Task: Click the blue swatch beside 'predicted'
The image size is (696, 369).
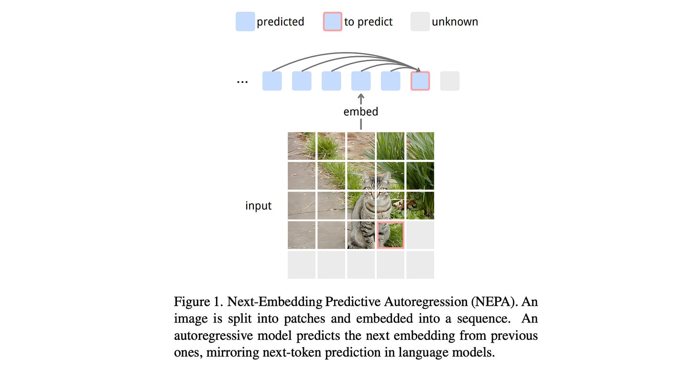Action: point(245,22)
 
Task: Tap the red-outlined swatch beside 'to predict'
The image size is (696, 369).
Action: point(333,22)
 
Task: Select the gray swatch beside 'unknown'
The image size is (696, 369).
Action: point(420,22)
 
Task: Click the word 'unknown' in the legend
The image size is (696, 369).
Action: point(455,22)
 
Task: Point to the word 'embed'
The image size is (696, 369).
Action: point(361,112)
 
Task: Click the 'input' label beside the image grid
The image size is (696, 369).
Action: point(259,206)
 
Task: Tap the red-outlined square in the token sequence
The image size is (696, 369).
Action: point(420,81)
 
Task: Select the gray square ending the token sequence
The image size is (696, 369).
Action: point(450,81)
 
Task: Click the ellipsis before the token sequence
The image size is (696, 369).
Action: point(242,81)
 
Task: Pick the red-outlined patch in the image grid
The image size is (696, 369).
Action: point(391,235)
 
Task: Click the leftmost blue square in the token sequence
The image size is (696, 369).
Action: point(272,81)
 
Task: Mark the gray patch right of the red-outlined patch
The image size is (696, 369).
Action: point(420,235)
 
